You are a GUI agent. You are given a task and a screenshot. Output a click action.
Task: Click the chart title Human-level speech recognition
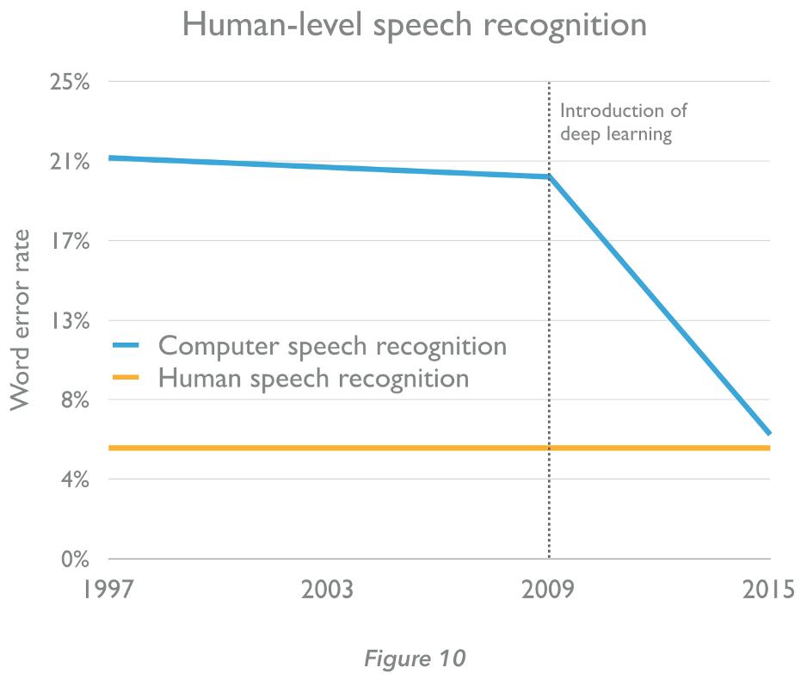pos(415,25)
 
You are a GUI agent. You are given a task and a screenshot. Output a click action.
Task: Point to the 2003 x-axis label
pos(329,591)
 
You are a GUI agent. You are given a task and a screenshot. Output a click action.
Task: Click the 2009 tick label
pos(549,591)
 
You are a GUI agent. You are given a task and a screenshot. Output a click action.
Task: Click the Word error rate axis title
pos(22,320)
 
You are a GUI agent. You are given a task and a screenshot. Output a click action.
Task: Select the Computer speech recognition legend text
pos(333,346)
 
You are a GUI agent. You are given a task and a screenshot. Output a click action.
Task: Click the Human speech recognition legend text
pos(313,378)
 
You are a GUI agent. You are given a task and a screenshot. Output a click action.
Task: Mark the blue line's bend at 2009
pos(549,177)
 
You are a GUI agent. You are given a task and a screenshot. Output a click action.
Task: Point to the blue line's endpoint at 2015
pos(768,433)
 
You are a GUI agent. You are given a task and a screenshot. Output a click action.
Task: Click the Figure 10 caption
pos(414,658)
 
